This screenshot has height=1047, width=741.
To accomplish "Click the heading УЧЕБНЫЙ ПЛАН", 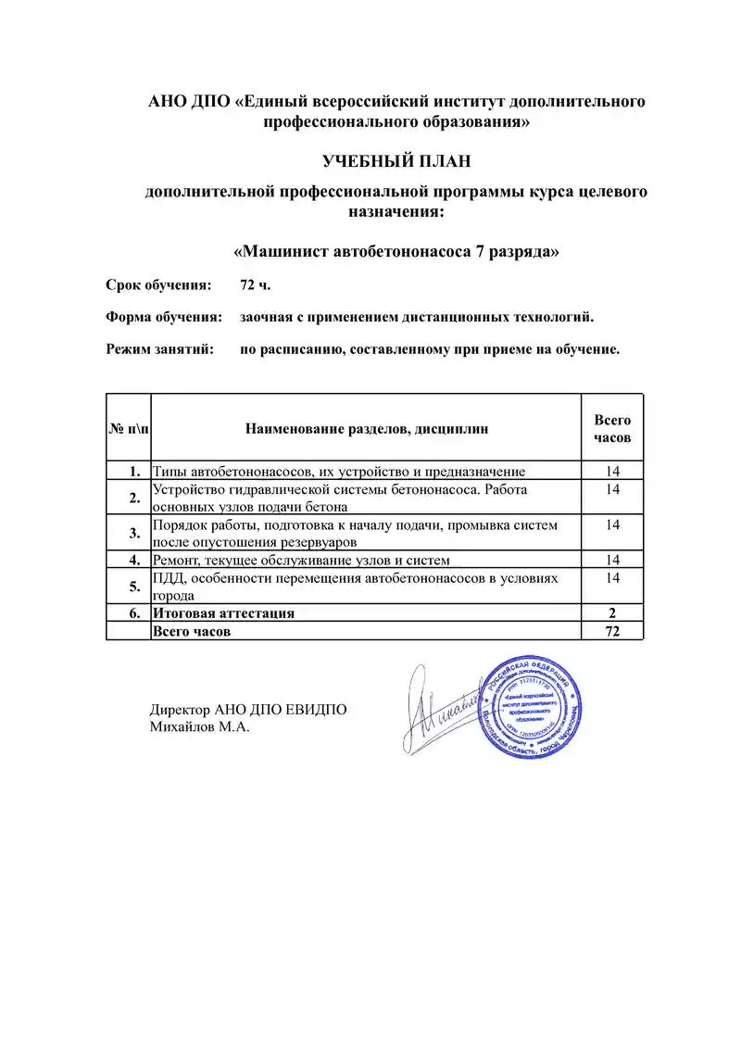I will click(396, 161).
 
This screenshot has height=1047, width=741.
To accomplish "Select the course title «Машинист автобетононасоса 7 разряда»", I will click(396, 251).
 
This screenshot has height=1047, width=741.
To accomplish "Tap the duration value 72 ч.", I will click(255, 284).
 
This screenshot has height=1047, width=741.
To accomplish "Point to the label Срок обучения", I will click(158, 284).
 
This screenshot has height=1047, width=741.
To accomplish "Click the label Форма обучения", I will click(163, 317).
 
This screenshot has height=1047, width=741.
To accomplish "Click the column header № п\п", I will click(128, 429).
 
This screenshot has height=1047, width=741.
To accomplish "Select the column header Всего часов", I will click(611, 428).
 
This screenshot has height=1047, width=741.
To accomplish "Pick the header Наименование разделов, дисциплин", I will click(366, 429).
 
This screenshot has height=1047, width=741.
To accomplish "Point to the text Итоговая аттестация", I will click(223, 612).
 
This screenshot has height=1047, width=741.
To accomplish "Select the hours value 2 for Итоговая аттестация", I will click(611, 612).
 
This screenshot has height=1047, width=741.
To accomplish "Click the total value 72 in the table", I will click(611, 631).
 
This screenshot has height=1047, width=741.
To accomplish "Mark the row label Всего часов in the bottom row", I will click(192, 631).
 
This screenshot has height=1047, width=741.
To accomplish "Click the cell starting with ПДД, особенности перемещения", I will click(357, 586).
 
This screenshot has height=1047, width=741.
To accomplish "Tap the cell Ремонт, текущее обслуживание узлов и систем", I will click(301, 560).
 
